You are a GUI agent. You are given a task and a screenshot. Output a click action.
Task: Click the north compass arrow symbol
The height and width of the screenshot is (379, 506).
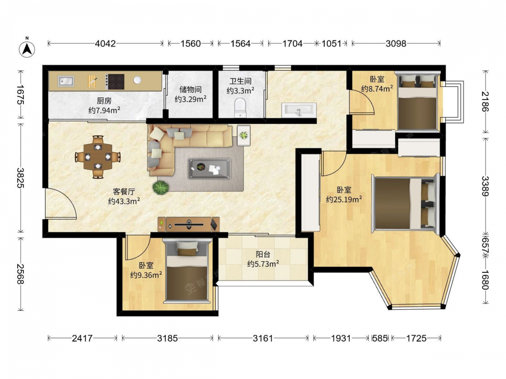tap(27, 49)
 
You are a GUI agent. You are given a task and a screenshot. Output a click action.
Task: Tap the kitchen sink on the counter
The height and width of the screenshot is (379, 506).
tap(66, 81)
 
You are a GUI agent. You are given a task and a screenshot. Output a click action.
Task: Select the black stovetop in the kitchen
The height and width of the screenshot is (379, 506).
tap(115, 81)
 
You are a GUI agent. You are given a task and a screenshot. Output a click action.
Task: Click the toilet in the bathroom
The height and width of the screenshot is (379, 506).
tap(240, 108)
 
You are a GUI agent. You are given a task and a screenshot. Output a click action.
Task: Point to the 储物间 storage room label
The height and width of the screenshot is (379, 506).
tap(190, 89)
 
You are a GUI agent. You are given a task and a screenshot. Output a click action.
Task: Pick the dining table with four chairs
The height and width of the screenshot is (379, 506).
tap(98, 157)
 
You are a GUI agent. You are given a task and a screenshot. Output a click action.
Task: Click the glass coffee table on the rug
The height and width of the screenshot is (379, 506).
tap(209, 168)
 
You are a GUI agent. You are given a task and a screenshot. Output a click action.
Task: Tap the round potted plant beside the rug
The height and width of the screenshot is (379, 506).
tap(161, 187)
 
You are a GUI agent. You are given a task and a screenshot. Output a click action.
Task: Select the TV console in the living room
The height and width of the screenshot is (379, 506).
tap(189, 224)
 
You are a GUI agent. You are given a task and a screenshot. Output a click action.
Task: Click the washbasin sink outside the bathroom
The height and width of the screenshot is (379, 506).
tap(299, 110)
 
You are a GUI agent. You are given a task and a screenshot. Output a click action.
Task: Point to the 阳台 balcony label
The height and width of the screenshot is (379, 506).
tap(263, 254)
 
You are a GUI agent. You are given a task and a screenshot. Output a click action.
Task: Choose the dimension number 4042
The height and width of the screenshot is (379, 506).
tap(105, 43)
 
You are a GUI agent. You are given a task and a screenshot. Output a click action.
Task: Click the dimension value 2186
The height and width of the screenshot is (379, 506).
tap(485, 102)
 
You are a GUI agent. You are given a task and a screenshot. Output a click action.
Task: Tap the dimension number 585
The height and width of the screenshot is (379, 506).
tap(380, 338)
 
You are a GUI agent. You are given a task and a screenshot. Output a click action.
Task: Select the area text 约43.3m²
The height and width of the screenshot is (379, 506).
tap(124, 202)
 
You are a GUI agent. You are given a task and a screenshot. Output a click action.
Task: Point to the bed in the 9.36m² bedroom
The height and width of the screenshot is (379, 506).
tap(187, 271)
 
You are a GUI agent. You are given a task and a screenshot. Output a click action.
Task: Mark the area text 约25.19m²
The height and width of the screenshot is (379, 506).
tap(344, 200)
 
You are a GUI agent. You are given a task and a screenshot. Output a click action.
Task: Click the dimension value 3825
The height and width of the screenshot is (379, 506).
tap(20, 178)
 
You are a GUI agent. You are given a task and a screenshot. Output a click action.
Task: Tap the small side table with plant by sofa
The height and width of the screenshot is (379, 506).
tap(244, 135)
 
